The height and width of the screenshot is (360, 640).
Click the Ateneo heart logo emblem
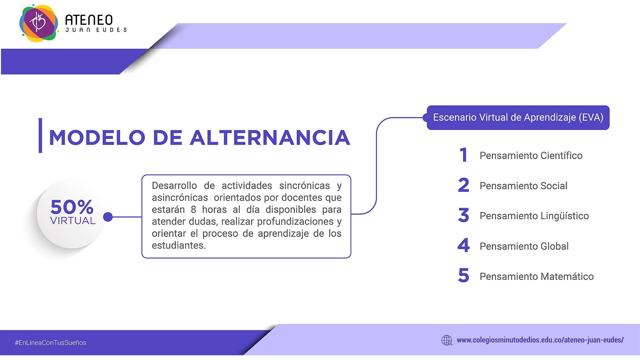click(x=38, y=23)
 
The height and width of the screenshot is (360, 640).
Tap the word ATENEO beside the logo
click(x=89, y=20)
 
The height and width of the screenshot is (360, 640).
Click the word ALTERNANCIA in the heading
click(x=270, y=138)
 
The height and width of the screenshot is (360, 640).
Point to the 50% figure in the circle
click(x=72, y=207)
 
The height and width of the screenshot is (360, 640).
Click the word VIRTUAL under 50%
click(x=73, y=221)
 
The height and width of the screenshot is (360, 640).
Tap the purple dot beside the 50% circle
click(x=108, y=217)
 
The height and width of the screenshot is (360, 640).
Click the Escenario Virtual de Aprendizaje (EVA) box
click(x=518, y=118)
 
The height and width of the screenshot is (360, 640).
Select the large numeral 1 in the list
click(x=464, y=155)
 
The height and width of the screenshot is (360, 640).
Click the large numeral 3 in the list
click(x=464, y=215)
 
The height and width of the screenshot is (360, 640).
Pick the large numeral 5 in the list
click(x=464, y=275)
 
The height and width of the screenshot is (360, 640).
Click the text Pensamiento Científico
click(x=531, y=156)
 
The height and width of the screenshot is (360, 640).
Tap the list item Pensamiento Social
click(x=523, y=186)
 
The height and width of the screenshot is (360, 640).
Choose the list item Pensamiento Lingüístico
click(x=534, y=216)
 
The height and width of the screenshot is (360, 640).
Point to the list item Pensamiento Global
click(x=524, y=246)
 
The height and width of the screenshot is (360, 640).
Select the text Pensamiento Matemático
click(x=537, y=276)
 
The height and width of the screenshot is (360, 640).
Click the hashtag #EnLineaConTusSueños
click(x=50, y=343)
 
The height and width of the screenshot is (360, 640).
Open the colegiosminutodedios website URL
click(x=540, y=340)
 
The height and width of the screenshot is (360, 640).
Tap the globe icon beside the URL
click(x=447, y=340)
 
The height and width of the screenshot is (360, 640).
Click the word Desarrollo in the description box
click(x=174, y=186)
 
